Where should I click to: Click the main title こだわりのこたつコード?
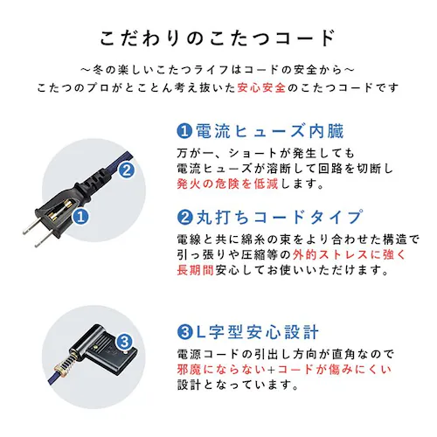tap(218, 38)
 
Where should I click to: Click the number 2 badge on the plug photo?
tap(127, 171)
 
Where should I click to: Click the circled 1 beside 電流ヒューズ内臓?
tap(184, 132)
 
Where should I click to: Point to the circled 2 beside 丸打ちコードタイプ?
tap(184, 216)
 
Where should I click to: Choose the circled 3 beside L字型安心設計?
tap(184, 332)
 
